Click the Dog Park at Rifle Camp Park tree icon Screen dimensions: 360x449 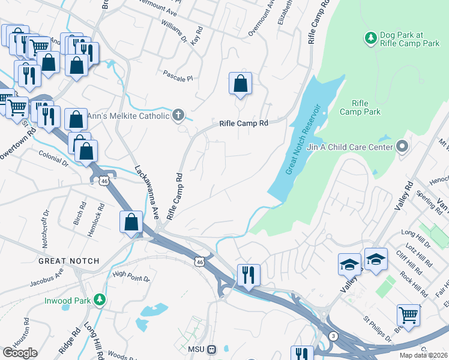pos(371,38)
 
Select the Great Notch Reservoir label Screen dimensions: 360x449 pos(305,140)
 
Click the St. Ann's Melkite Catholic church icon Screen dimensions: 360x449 pos(178,115)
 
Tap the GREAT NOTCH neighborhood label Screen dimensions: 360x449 pos(68,262)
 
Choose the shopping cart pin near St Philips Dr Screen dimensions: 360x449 pos(408,314)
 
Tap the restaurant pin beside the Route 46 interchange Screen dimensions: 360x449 pos(248,275)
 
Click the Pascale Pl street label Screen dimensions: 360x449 pos(178,77)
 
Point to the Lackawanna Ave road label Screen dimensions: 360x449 pos(146,191)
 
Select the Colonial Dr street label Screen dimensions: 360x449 pos(53,161)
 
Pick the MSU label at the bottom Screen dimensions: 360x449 pos(196,349)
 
